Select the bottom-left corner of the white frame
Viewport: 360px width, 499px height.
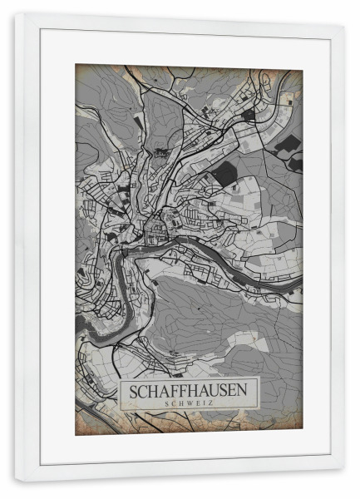pyautogui.click(x=16, y=480)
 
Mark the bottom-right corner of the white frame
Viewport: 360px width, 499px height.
pyautogui.click(x=343, y=480)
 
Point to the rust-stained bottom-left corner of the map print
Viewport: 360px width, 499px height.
pyautogui.click(x=79, y=430)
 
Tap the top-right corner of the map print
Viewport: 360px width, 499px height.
pyautogui.click(x=300, y=67)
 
